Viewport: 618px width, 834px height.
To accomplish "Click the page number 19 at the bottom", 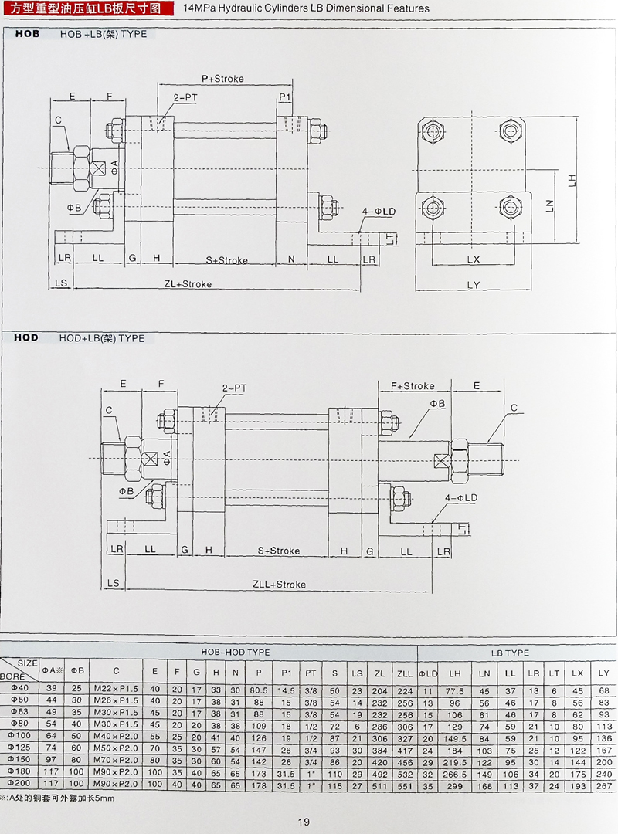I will (x=303, y=821).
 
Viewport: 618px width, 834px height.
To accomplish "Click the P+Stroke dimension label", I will (x=222, y=79).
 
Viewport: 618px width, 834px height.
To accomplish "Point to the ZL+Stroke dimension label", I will (x=188, y=284).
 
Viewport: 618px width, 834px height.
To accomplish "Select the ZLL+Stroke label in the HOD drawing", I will (x=279, y=585).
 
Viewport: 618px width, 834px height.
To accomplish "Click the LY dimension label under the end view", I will (x=474, y=285).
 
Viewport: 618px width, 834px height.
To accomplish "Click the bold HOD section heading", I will (x=26, y=338).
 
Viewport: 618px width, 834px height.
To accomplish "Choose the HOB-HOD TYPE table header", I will (x=235, y=653).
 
